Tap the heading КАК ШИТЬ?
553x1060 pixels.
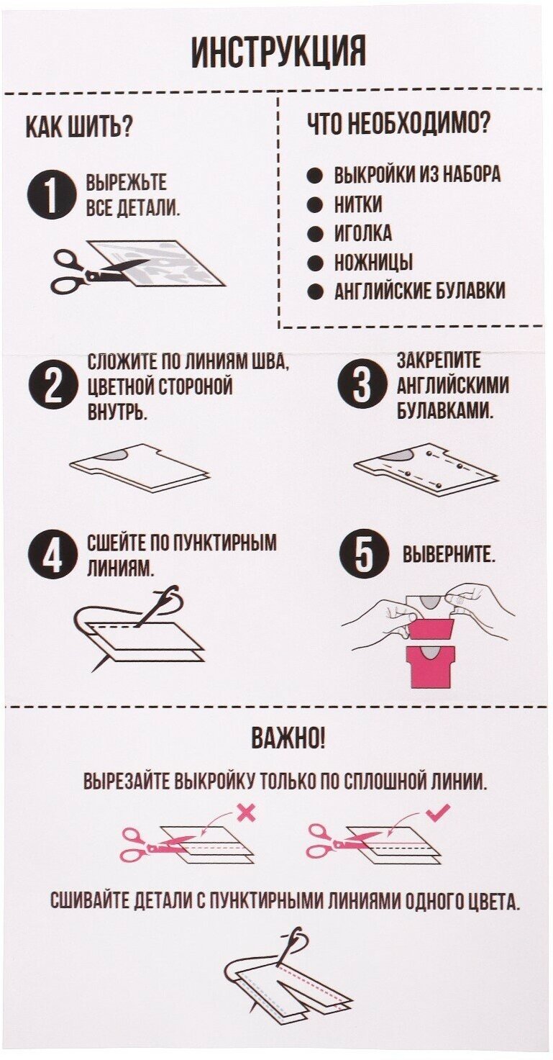(78, 127)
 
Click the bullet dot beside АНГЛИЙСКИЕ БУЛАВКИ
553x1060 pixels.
(315, 291)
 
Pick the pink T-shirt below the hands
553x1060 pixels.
(429, 664)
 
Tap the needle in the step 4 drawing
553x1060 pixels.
(155, 608)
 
